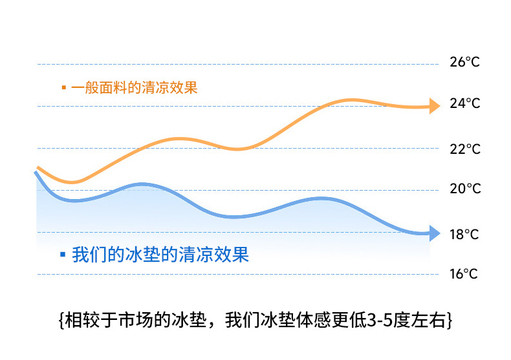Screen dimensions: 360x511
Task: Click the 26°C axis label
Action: click(x=464, y=63)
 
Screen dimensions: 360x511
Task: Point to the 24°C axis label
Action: click(x=464, y=104)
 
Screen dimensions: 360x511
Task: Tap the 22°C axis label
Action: click(x=464, y=149)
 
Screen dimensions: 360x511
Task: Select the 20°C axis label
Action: click(x=464, y=189)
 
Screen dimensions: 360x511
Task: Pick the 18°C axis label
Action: click(x=464, y=234)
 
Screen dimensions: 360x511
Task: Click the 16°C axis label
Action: click(x=464, y=274)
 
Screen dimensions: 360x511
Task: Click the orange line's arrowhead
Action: click(x=433, y=106)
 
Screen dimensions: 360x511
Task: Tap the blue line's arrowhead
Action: click(x=433, y=233)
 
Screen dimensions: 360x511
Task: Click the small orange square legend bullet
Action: click(x=63, y=87)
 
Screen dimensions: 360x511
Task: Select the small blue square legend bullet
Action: click(x=63, y=254)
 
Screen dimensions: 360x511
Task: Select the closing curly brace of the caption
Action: click(x=448, y=321)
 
